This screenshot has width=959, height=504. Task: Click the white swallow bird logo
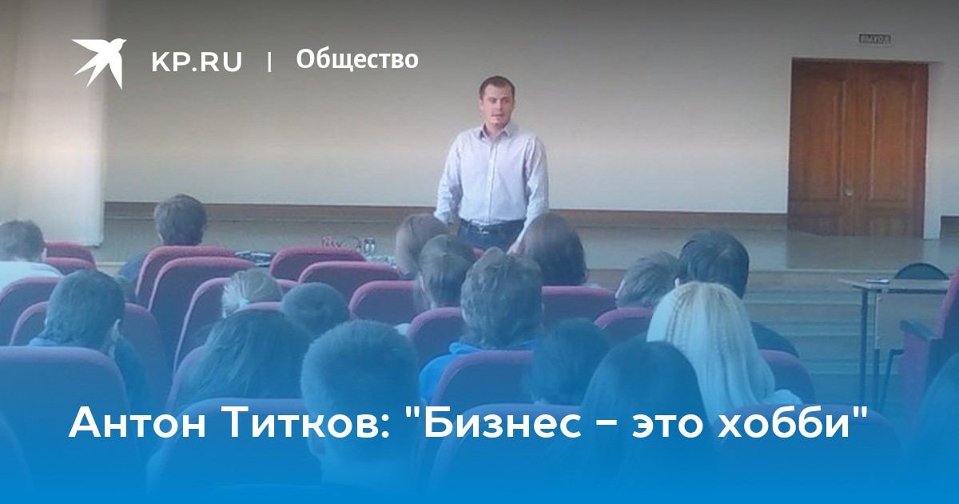[101, 62]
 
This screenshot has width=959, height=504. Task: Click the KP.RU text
[197, 62]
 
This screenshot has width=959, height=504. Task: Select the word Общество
[357, 59]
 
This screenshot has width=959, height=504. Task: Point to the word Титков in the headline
[300, 424]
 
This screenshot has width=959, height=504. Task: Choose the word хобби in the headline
[783, 424]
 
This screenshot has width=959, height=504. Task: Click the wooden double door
[858, 148]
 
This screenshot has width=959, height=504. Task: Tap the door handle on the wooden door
[850, 190]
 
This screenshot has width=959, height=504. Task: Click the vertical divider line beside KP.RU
[269, 62]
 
